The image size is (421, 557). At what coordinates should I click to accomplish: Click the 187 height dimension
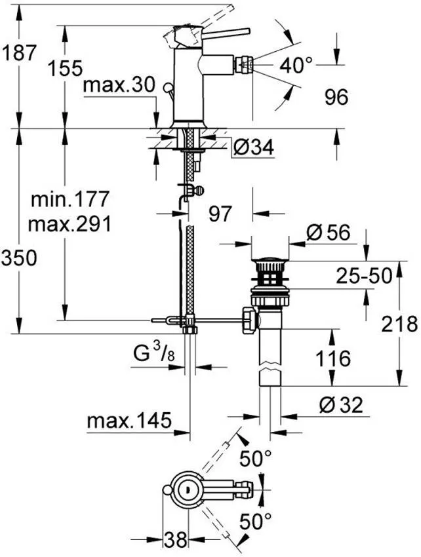pyautogui.click(x=18, y=52)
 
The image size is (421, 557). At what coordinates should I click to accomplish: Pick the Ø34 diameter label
pyautogui.click(x=252, y=149)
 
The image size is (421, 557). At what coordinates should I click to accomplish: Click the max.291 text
pyautogui.click(x=70, y=223)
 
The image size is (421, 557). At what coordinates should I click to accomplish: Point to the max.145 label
pyautogui.click(x=128, y=419)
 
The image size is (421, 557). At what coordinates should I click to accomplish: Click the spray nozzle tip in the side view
pyautogui.click(x=247, y=64)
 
